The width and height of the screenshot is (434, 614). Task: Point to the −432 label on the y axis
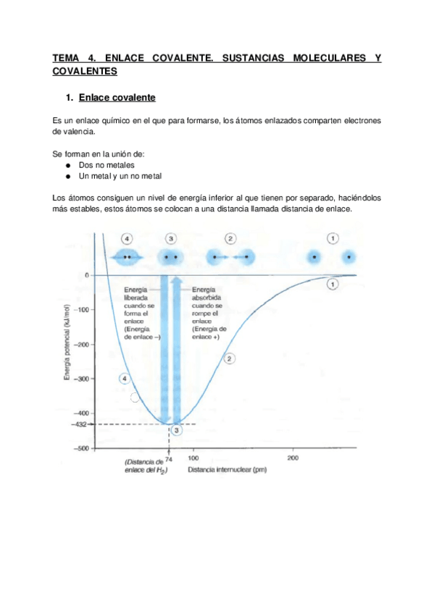78,424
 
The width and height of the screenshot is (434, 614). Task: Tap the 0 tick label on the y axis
85,276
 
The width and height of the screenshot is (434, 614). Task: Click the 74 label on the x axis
169,458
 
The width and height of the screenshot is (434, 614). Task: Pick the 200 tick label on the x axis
293,458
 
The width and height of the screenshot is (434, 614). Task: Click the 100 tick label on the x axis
193,458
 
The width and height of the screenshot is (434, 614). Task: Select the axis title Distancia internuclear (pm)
227,470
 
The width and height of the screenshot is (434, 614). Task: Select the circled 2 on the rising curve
230,358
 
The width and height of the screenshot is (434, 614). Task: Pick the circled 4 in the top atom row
128,239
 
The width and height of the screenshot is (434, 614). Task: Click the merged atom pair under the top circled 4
128,257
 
